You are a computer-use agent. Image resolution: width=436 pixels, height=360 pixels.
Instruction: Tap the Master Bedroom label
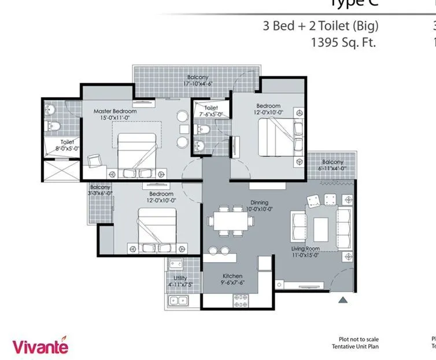pos(115,114)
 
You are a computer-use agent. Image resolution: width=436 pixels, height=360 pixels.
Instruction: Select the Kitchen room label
pos(232,280)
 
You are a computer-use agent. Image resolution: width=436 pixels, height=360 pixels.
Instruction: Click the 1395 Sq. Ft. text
pos(343,42)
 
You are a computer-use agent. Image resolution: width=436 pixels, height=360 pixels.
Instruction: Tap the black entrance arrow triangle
pos(342,300)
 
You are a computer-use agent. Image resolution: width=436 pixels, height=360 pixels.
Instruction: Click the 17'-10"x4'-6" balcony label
pos(197,80)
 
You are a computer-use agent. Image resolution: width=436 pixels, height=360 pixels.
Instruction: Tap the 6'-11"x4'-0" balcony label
pos(332,165)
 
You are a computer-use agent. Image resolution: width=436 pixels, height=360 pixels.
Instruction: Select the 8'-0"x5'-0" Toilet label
pos(67,145)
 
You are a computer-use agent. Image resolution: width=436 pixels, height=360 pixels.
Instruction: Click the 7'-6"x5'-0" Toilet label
pos(210,111)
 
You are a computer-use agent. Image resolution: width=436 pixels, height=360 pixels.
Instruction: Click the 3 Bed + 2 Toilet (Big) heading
pos(321,25)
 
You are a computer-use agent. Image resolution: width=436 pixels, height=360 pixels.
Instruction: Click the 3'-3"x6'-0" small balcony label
pos(100,190)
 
